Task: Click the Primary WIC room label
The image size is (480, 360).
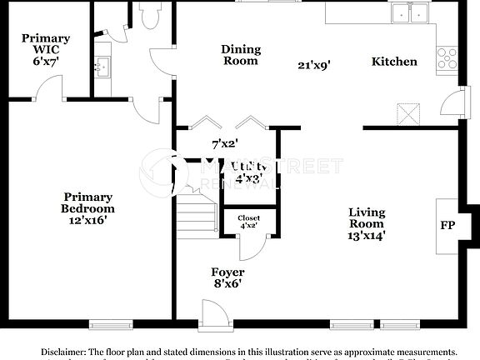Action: (45, 44)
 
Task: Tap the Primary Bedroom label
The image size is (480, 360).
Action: (87, 202)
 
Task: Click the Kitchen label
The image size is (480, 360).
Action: (394, 61)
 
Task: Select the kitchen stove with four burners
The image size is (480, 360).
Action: (449, 57)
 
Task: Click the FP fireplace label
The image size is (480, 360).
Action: (448, 225)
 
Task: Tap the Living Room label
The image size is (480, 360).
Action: (367, 218)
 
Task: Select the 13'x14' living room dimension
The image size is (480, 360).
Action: (367, 236)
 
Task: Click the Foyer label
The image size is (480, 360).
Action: (227, 272)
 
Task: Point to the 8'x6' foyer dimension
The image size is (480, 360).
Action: (227, 284)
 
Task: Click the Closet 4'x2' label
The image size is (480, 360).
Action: (249, 221)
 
